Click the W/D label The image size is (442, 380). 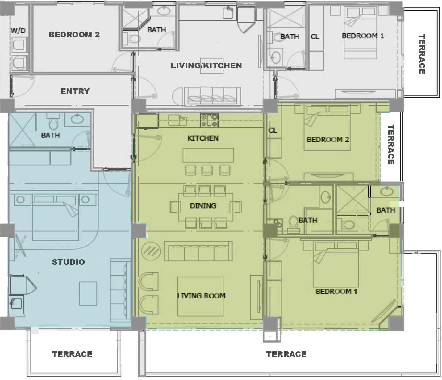(x=18, y=31)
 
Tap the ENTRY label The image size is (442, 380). (x=75, y=91)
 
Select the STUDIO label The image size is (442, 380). (x=69, y=262)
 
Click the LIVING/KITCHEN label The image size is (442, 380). (x=206, y=65)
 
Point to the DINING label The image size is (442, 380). (x=203, y=206)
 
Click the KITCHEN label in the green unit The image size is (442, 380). (x=203, y=138)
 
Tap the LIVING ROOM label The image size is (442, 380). (x=202, y=296)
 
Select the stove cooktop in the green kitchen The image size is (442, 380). (x=209, y=120)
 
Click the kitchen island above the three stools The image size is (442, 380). (x=208, y=155)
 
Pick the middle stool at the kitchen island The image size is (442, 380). (x=207, y=170)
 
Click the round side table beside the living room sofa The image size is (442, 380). (x=151, y=251)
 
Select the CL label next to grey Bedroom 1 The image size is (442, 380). (x=315, y=36)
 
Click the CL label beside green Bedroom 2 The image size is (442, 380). (x=273, y=130)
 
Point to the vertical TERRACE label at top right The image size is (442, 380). (x=421, y=54)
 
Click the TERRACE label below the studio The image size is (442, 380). (x=72, y=354)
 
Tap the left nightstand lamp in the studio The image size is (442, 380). (x=21, y=200)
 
